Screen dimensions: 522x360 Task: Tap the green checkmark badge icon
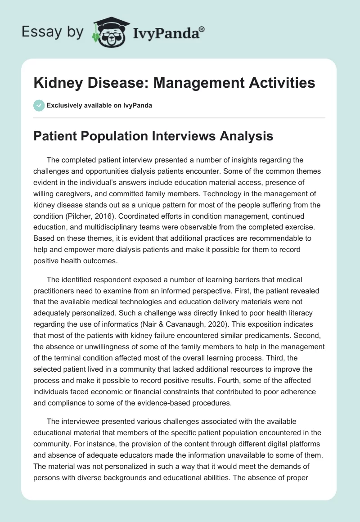[x=39, y=105]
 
